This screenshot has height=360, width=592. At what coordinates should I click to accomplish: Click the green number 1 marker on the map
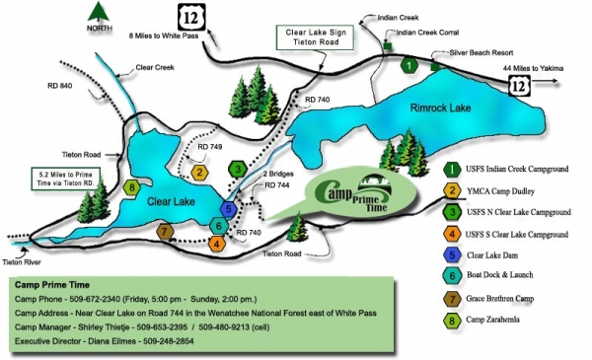click(x=408, y=66)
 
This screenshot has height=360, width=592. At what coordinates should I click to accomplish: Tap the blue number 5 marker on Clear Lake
click(x=229, y=209)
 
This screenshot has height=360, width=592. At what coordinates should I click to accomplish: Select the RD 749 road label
click(x=210, y=147)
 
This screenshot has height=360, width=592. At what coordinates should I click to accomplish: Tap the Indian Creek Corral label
click(x=429, y=32)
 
